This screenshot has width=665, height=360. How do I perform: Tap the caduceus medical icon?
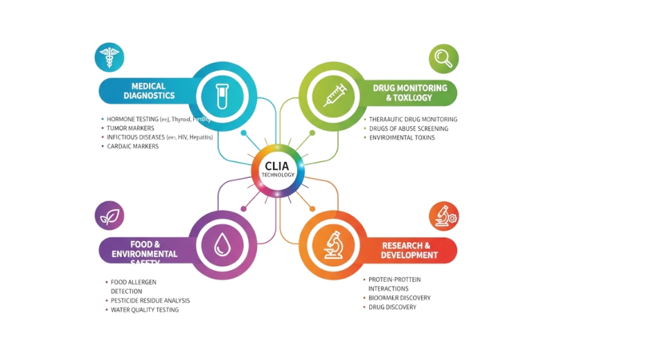[x=109, y=57]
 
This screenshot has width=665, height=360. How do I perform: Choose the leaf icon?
[x=109, y=216]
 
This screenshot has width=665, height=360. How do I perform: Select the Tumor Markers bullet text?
[x=131, y=129]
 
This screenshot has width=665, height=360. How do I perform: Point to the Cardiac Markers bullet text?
[x=132, y=147]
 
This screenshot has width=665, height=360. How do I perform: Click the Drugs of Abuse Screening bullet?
[x=409, y=129]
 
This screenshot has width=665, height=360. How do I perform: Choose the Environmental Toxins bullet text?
[x=402, y=138]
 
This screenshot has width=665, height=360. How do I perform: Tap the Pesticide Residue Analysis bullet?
[x=150, y=300]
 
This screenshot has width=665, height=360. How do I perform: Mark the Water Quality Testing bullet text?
[x=145, y=309]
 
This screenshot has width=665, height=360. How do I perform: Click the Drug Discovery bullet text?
[x=392, y=307]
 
